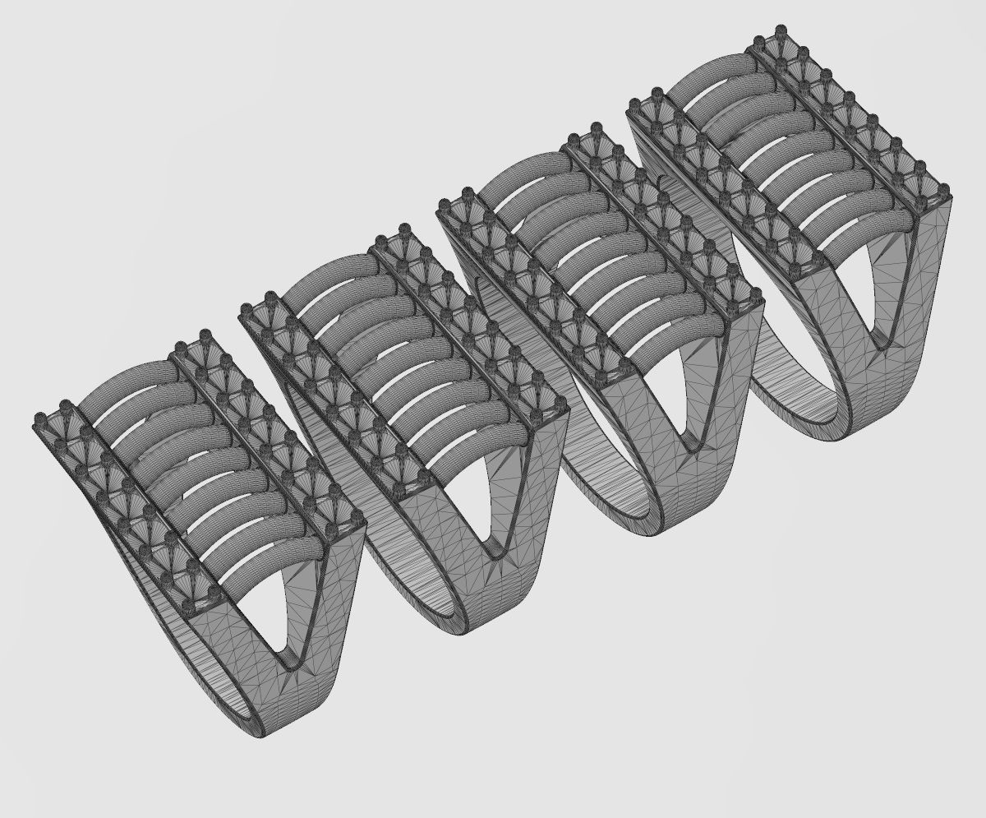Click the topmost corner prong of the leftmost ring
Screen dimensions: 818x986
click(205, 335)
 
